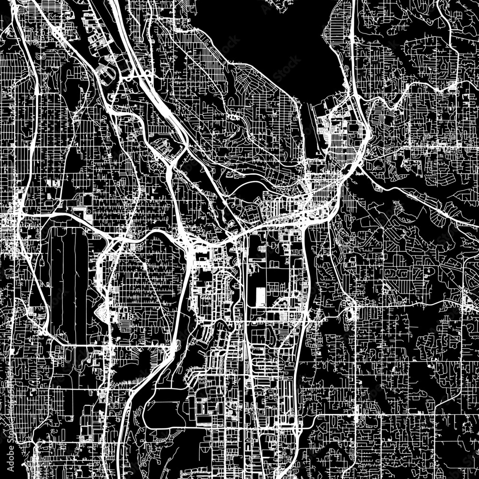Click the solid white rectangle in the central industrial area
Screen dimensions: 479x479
pos(260,297)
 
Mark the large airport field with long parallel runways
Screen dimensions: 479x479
pos(67,283)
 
